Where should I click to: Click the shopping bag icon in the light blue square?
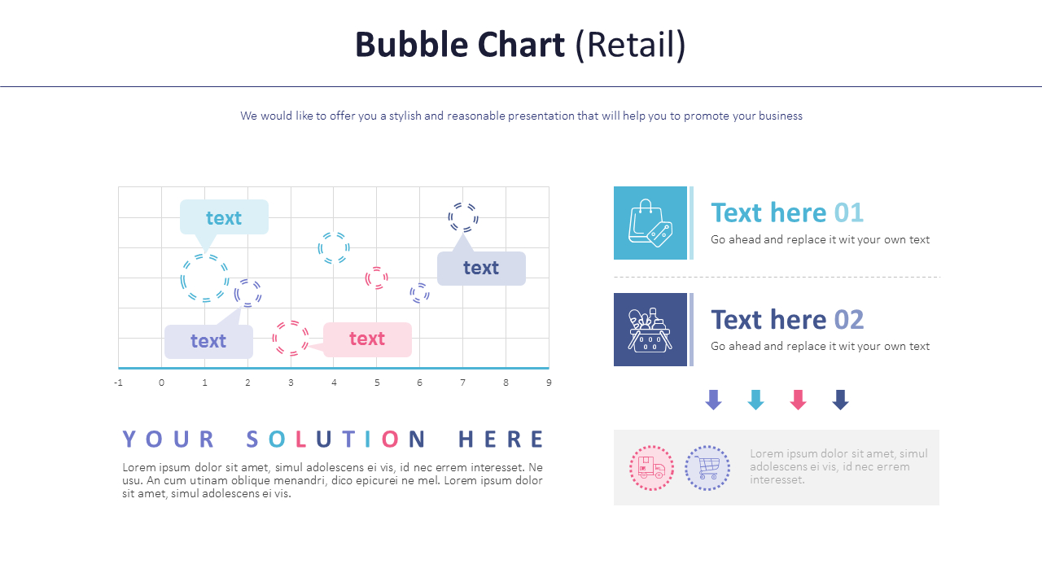click(650, 222)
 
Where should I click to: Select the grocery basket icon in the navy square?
click(650, 330)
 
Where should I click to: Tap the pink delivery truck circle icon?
click(651, 468)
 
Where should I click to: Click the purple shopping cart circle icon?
click(707, 468)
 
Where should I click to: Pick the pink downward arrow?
click(798, 400)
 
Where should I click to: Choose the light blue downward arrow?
click(755, 400)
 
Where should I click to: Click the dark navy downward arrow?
click(840, 400)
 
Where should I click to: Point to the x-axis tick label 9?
click(549, 383)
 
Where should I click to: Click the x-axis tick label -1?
click(118, 383)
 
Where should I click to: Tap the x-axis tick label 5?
click(377, 383)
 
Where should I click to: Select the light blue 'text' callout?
click(224, 217)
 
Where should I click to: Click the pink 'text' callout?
click(367, 339)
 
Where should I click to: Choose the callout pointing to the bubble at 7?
click(481, 268)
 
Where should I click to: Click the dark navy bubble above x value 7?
click(463, 217)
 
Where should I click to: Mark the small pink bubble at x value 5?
click(376, 278)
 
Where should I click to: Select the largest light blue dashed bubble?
click(204, 278)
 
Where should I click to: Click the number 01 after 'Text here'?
click(848, 212)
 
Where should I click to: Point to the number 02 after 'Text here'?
click(848, 319)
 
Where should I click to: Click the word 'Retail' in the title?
click(631, 45)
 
